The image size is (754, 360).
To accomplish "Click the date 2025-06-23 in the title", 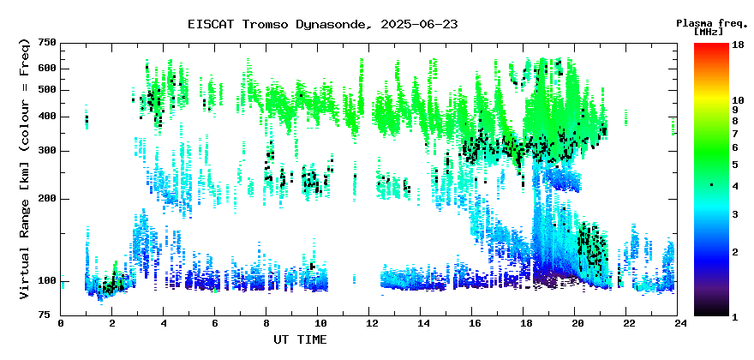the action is tap(419, 25).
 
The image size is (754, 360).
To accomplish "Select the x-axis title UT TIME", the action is tap(300, 339).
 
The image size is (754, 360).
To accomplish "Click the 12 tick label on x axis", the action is tap(368, 323).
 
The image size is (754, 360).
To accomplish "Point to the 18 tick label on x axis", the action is tap(524, 323).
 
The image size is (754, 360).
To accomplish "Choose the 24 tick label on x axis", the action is tap(678, 323).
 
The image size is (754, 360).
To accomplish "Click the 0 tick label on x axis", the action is tap(61, 323).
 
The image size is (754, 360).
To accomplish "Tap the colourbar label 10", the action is tap(738, 100).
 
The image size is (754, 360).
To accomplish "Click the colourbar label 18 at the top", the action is tap(738, 45).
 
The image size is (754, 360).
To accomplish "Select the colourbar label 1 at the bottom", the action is tap(735, 317).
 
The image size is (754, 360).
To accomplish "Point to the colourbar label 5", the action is tap(735, 165).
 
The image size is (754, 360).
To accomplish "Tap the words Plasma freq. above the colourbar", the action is tap(712, 24).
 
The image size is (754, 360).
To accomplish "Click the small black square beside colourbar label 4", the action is tap(711, 185).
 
